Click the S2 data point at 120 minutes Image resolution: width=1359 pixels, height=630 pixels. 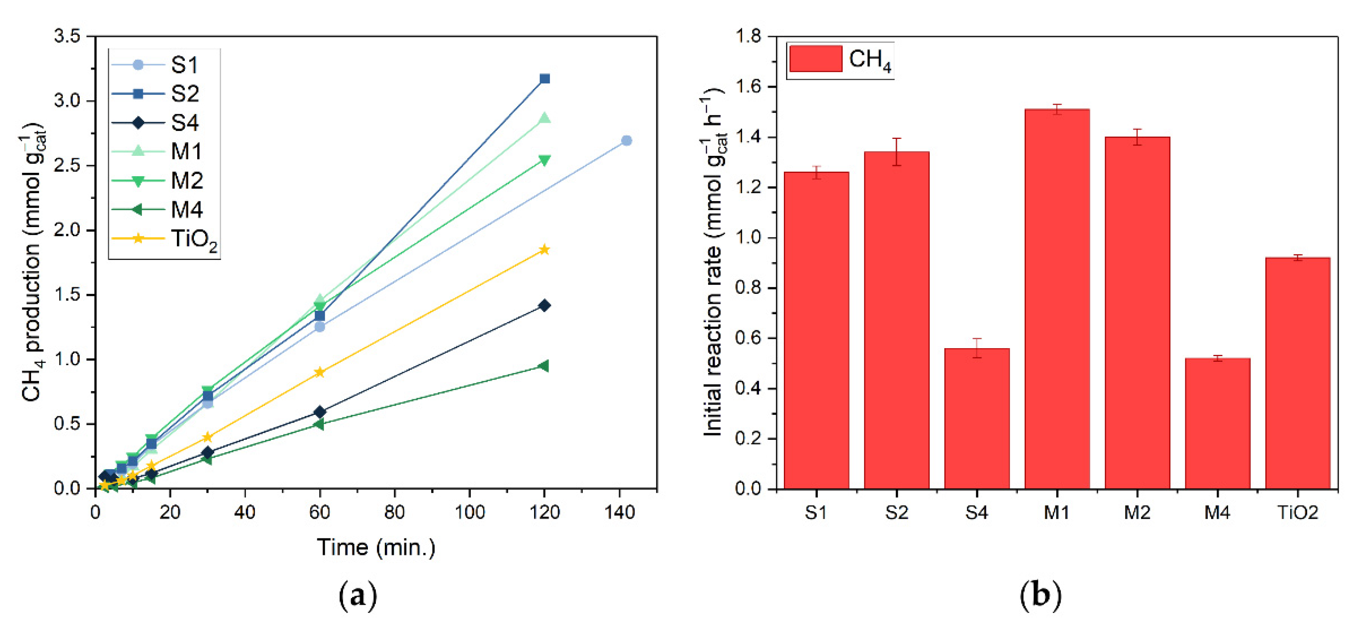[x=544, y=79]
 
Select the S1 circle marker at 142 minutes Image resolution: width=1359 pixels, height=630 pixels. [x=626, y=141]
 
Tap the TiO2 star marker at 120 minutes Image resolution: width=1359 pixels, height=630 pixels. [x=544, y=250]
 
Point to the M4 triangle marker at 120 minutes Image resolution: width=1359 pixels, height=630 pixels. [x=544, y=366]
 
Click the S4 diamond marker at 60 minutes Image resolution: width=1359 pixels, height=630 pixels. [x=319, y=412]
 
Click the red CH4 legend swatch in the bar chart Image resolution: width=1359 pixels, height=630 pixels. [x=815, y=58]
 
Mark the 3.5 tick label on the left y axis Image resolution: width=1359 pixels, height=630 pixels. [x=67, y=36]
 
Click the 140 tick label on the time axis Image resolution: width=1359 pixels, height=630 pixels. [x=619, y=512]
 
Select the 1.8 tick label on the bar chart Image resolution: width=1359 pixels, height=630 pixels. [x=748, y=36]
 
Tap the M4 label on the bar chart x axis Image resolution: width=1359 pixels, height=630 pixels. [x=1217, y=512]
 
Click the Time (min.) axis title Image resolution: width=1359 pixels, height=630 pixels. [x=376, y=548]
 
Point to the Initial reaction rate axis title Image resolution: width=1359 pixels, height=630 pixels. [x=713, y=262]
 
